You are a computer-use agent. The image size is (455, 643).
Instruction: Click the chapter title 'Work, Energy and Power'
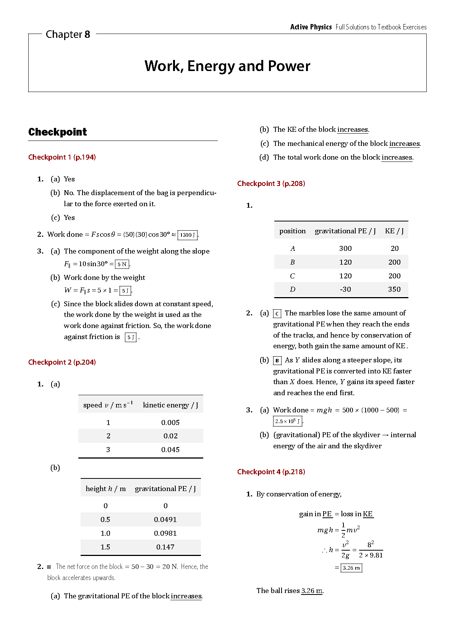pos(227,66)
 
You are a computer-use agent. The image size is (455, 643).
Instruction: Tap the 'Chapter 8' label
pos(68,34)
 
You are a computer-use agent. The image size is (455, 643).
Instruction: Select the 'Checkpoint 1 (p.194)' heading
pos(62,157)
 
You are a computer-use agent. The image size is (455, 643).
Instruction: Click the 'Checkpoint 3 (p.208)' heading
pos(271,184)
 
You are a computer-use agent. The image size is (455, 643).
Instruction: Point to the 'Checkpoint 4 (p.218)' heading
pos(271,472)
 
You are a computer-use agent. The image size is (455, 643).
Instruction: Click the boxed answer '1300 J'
pos(188,235)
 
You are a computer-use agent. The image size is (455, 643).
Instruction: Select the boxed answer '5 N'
pos(122,264)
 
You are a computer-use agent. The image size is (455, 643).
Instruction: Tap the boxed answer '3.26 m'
pos(351,568)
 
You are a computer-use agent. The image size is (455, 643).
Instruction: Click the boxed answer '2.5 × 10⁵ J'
pos(288,421)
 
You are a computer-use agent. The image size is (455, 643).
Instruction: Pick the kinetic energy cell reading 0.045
pos(170,450)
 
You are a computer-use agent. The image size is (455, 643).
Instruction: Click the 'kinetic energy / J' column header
pos(170,405)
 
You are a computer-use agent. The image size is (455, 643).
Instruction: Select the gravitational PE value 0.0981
pos(165,533)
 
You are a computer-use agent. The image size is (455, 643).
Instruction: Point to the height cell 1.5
pos(105,547)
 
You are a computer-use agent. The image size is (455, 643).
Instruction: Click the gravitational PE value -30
pos(345,289)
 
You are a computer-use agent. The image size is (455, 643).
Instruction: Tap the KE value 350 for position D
pos(394,289)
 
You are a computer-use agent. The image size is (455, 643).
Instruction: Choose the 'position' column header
pos(292,231)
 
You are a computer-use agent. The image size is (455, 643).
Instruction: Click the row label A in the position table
pos(293,249)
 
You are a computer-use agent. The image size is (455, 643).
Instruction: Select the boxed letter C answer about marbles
pos(277,314)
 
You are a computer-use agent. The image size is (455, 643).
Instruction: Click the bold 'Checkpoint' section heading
pos(58,132)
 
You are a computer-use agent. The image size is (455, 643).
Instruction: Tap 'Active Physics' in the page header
pos(311,27)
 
